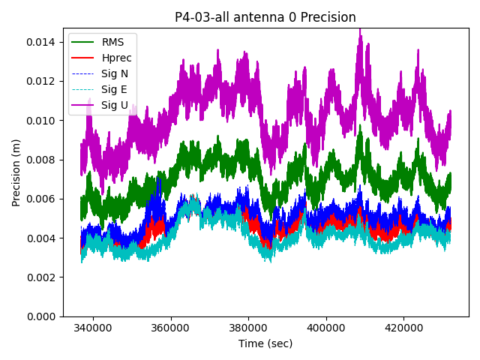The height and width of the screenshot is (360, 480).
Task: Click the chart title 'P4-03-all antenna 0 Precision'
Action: click(265, 17)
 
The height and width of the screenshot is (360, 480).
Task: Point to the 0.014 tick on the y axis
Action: click(42, 42)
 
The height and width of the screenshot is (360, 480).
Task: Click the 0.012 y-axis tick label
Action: click(42, 81)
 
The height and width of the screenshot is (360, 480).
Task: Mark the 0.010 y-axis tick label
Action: click(42, 120)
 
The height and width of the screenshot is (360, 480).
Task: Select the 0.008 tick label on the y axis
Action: click(42, 160)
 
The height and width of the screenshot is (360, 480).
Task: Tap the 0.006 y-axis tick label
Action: click(42, 199)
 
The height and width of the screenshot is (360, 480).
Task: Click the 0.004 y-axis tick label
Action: click(42, 238)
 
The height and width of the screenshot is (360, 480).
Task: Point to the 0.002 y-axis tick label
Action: click(42, 277)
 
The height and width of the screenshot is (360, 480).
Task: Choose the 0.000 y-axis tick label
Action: click(42, 316)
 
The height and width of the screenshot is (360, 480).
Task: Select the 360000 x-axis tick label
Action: click(170, 328)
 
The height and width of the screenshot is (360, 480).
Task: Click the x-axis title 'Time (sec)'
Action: click(265, 343)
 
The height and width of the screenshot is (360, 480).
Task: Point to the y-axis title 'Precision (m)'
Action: click(16, 172)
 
